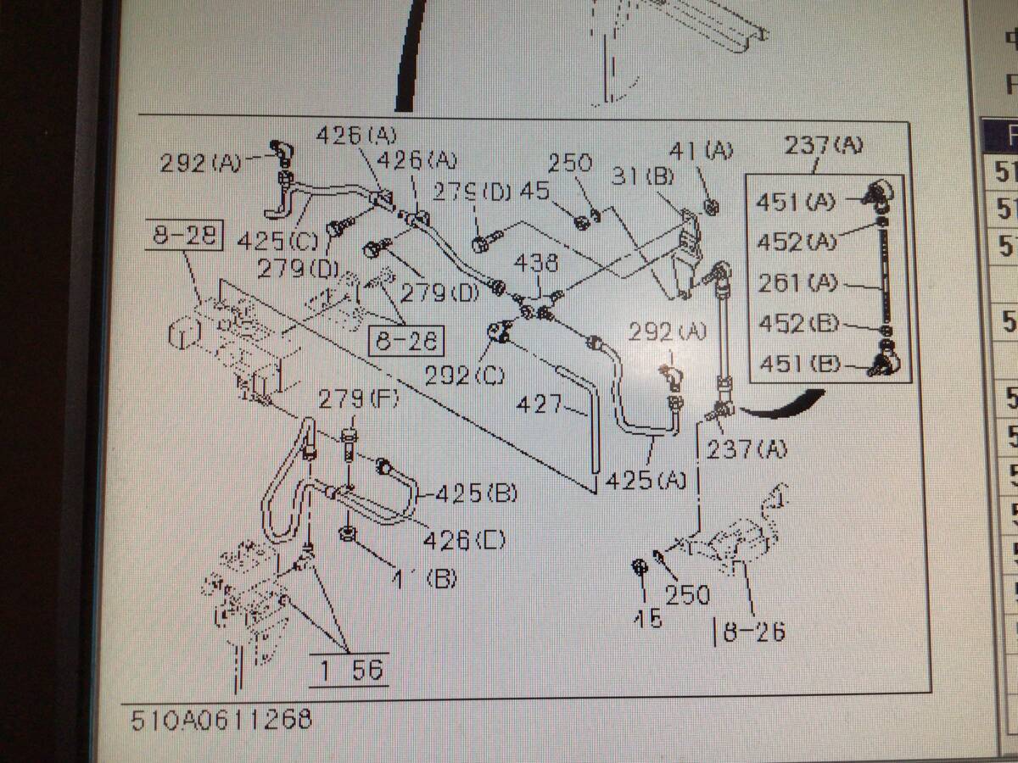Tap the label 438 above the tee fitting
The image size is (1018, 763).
536,264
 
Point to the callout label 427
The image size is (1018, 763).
541,405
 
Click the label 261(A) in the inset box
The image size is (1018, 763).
795,284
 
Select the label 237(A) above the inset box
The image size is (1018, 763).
823,145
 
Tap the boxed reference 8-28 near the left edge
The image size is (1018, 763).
183,237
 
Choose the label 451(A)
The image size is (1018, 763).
795,203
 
